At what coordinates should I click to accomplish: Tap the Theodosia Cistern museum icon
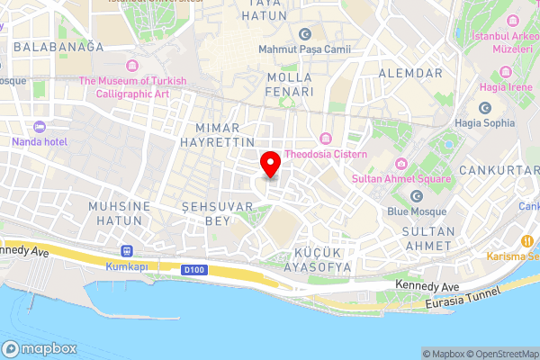325,139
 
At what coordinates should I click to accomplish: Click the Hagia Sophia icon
485,107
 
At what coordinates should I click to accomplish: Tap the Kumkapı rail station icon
126,252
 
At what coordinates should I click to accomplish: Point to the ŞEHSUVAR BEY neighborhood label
207,213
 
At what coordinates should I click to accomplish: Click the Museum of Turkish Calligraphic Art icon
132,65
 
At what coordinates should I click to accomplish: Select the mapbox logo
40,349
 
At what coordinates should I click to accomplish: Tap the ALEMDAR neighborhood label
411,73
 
